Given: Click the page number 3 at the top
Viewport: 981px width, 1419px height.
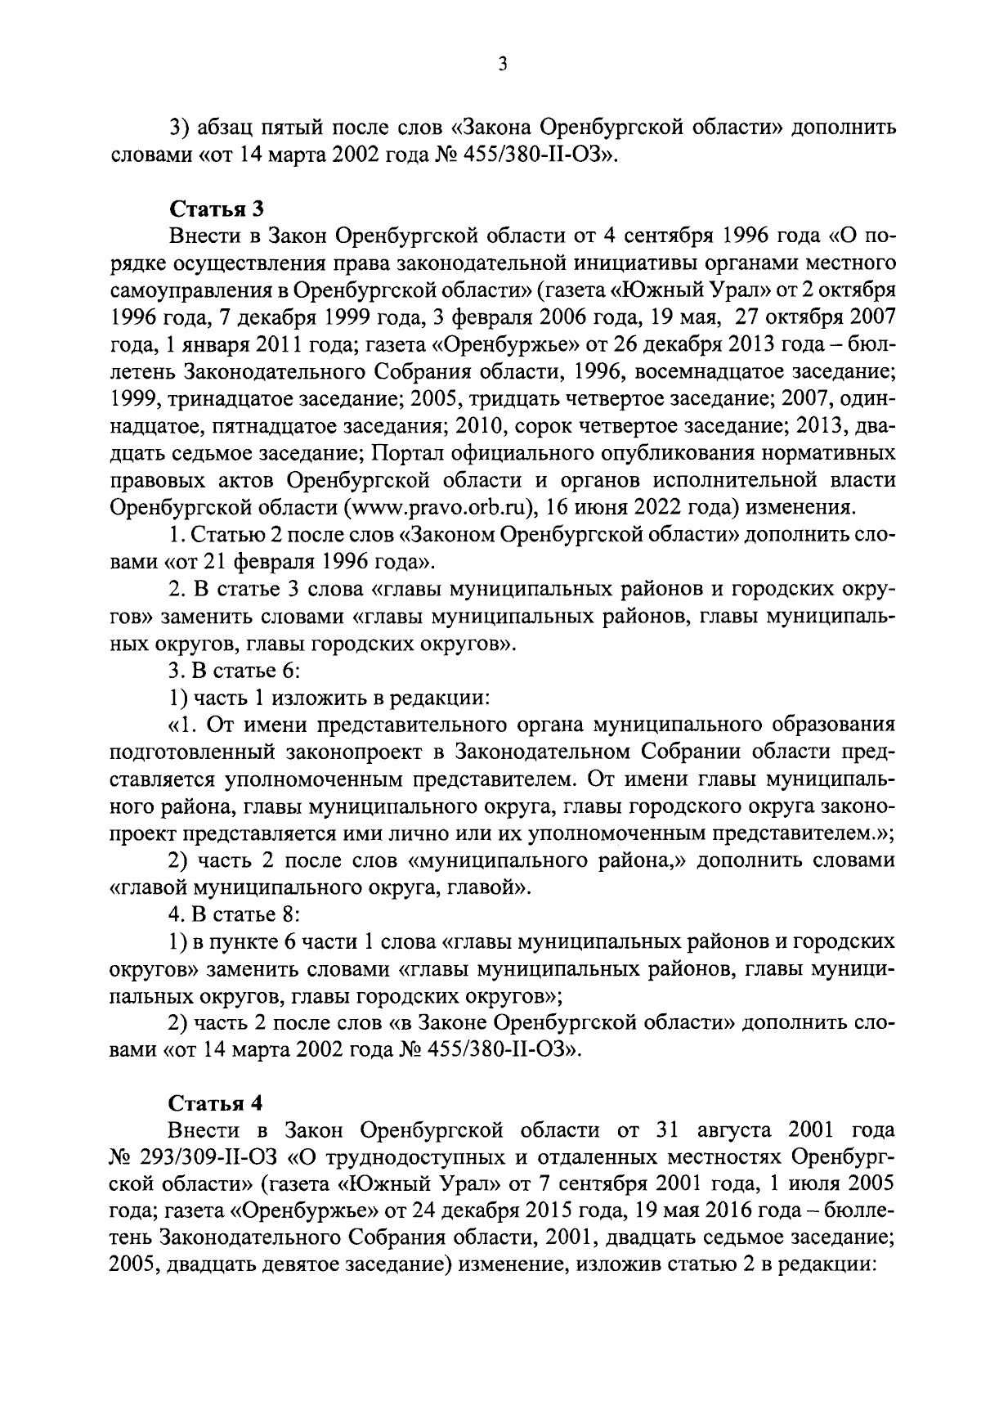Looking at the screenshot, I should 503,64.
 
